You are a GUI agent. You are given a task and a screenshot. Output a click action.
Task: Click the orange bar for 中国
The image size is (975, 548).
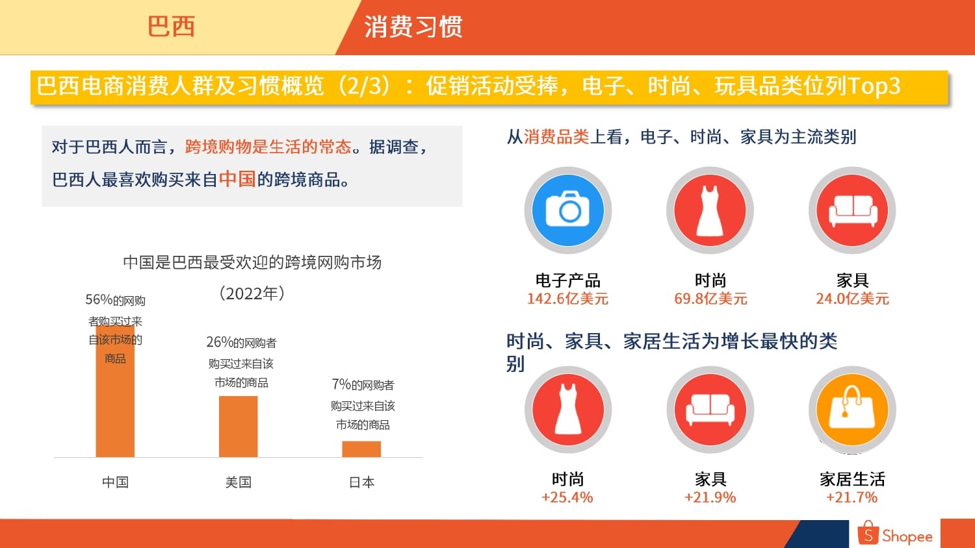coord(115,392)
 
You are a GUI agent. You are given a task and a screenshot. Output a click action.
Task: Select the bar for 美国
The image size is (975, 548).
coord(238,427)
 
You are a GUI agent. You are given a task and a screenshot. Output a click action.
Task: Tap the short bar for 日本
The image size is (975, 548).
coord(361,449)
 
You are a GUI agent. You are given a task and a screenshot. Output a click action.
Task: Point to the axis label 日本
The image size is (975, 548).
coord(361,482)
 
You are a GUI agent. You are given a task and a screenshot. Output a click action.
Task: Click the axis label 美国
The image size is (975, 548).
coord(238,482)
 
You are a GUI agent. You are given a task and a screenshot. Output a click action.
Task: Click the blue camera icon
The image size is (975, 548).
coord(567,210)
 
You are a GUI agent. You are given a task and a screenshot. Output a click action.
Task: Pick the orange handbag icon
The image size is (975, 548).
coord(851,409)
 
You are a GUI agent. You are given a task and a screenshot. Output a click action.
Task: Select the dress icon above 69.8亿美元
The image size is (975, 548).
coord(710,210)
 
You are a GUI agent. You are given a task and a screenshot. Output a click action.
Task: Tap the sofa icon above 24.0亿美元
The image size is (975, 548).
coord(851,210)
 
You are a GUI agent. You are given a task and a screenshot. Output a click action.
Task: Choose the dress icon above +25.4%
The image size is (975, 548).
coord(567,409)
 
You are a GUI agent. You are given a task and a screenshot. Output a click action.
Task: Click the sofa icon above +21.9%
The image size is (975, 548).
coord(710,409)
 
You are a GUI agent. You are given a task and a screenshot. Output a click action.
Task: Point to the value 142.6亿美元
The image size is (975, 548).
coord(567,299)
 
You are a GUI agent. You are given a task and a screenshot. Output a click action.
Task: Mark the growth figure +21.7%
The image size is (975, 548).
coord(851,497)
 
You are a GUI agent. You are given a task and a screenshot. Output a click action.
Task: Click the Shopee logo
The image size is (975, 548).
coord(894,534)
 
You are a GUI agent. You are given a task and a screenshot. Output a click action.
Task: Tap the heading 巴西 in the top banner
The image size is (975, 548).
coord(171,27)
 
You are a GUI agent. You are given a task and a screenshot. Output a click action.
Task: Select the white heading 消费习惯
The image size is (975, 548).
coord(413,27)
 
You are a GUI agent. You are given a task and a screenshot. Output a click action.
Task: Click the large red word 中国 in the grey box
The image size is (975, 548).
coord(237,179)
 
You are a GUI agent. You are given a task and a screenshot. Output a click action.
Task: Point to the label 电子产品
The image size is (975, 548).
coord(567,280)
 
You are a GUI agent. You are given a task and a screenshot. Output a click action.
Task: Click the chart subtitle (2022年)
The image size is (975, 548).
coord(252,293)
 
